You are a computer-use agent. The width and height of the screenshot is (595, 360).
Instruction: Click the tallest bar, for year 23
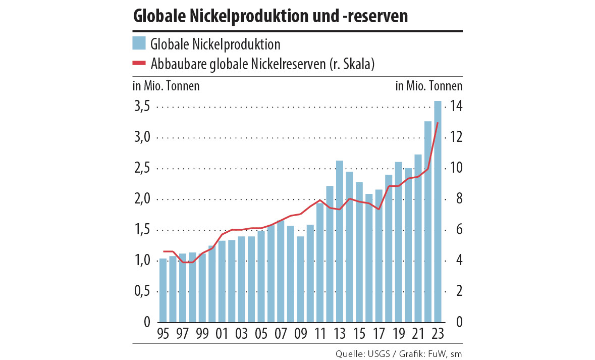pyautogui.click(x=438, y=212)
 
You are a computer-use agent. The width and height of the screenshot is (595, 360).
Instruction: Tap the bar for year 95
pyautogui.click(x=163, y=290)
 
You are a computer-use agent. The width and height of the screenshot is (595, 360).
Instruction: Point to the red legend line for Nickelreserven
pyautogui.click(x=139, y=64)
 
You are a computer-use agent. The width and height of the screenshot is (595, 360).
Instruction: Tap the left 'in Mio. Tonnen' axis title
pyautogui.click(x=166, y=86)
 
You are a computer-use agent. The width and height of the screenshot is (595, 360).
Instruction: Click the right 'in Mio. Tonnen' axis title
pyautogui.click(x=428, y=86)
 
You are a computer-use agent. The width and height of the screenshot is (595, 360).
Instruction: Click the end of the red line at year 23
pyautogui.click(x=438, y=123)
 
